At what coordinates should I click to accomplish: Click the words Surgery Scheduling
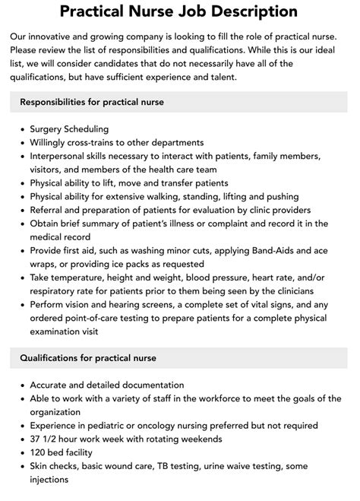pyautogui.click(x=69, y=129)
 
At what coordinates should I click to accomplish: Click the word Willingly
pyautogui.click(x=52, y=142)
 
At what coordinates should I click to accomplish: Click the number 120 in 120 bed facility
pyautogui.click(x=39, y=453)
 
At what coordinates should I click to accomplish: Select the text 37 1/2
pyautogui.click(x=46, y=439)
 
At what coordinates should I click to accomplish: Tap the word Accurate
pyautogui.click(x=52, y=385)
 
